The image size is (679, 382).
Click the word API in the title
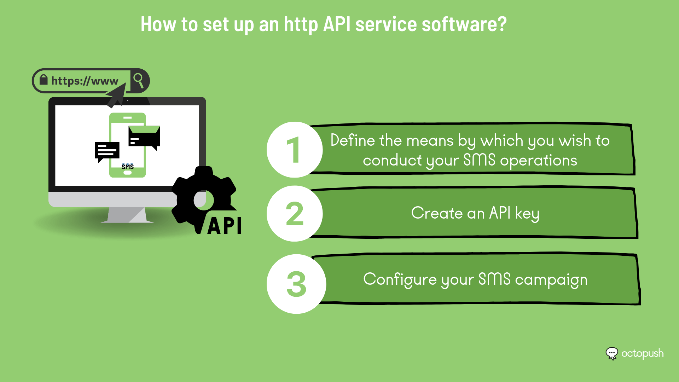pos(337,24)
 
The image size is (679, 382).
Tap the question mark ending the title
pos(502,24)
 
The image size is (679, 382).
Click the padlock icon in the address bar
pos(43,80)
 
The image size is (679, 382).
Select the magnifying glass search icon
pos(138,80)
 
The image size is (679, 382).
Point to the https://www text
pos(85,81)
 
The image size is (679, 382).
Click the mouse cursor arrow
pos(117,95)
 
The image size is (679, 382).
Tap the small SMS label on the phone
pos(128,167)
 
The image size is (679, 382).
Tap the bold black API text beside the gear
pos(225,226)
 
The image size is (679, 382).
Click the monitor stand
pos(127,215)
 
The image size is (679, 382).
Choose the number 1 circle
pos(295,150)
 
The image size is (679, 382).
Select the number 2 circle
pos(295,214)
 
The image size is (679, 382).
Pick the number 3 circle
pos(296,284)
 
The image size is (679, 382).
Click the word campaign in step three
pos(551,280)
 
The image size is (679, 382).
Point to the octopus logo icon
pos(612,353)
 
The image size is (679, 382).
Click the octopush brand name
pos(643,354)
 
